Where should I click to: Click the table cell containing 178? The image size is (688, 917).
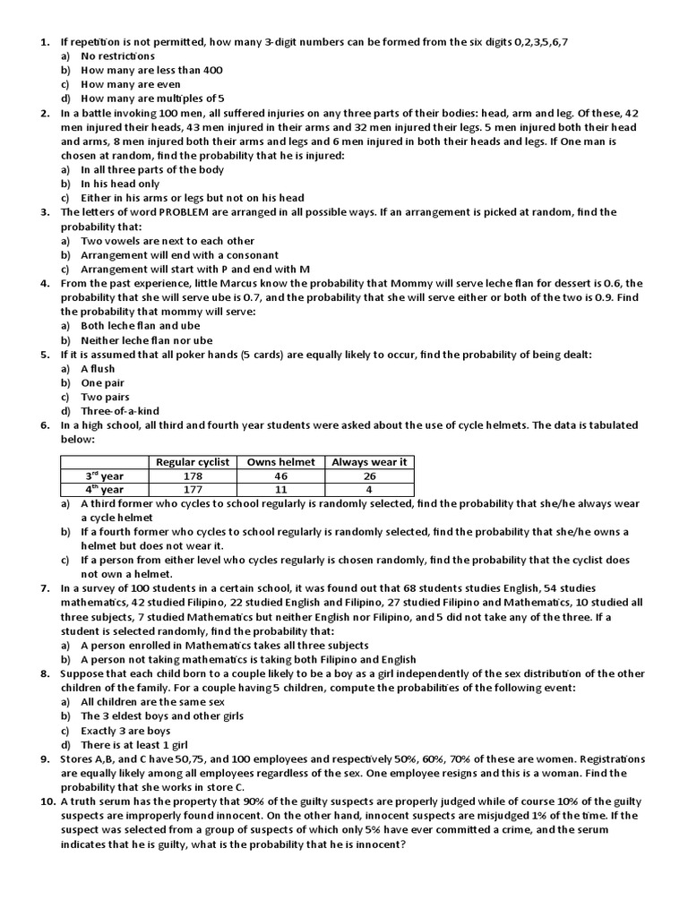click(193, 476)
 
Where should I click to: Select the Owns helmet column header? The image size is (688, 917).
click(280, 462)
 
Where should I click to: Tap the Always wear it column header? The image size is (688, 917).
click(369, 462)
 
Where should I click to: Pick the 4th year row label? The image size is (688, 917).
click(105, 490)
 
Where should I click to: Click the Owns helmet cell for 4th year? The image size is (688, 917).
click(280, 490)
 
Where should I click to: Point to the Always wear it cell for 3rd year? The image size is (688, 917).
click(369, 476)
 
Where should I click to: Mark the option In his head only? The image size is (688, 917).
click(120, 184)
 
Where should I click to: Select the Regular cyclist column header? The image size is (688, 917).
click(193, 462)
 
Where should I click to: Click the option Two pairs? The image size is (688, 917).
click(105, 397)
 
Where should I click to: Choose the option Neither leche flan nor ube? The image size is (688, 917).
click(147, 340)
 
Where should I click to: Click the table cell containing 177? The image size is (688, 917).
click(193, 490)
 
